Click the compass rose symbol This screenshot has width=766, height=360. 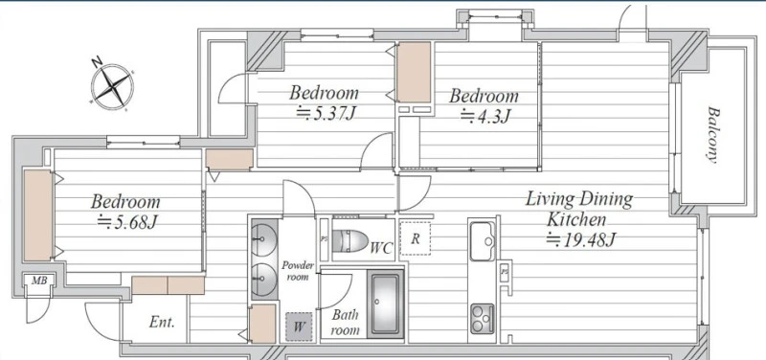coord(112,86)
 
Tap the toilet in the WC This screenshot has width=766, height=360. coord(349,241)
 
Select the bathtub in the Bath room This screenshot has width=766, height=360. coord(386,304)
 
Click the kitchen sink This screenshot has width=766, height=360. coord(483,241)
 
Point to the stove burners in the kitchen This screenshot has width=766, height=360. coord(483,319)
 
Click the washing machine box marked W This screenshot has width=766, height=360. coord(299,326)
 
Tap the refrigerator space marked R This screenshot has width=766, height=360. coord(416,238)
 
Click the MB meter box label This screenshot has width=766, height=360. coord(39,281)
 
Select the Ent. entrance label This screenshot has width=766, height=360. coord(162,323)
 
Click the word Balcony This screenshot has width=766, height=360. coord(713,134)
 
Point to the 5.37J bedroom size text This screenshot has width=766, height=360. coord(326,113)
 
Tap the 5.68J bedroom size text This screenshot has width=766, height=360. coord(127,222)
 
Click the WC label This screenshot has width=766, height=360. coord(381,248)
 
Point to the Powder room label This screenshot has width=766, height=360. coord(298,271)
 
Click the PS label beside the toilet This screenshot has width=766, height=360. coord(324,239)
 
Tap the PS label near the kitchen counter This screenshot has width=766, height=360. coord(505,273)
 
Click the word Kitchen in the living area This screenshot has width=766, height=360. coord(576,219)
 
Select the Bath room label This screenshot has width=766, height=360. coord(346,322)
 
